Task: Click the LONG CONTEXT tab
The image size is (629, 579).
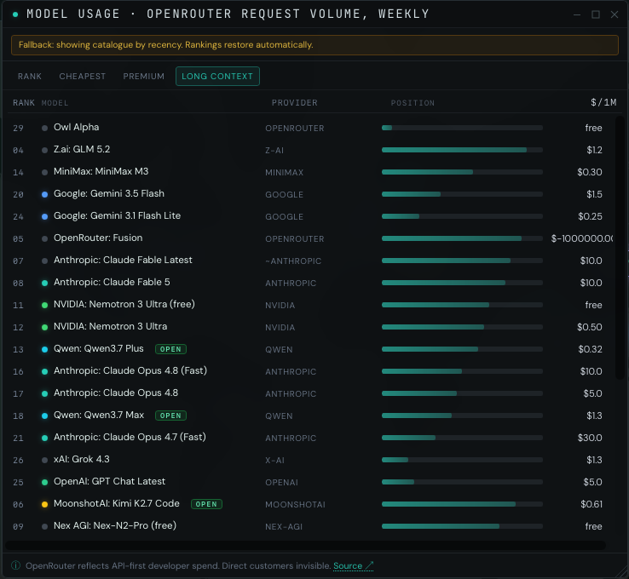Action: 217,76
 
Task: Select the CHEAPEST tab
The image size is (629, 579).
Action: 82,76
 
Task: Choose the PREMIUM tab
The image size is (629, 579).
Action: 143,76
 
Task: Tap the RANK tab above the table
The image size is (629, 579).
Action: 30,76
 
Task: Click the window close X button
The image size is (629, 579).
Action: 615,14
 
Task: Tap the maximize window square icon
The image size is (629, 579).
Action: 596,14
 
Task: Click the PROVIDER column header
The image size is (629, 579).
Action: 294,103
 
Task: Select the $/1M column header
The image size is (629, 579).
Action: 603,102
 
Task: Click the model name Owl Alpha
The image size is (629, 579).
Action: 76,127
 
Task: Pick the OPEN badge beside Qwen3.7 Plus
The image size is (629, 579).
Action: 171,349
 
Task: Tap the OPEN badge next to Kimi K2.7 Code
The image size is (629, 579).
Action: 206,504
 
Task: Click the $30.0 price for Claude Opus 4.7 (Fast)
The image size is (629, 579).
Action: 590,438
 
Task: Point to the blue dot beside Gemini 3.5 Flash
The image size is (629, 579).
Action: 45,194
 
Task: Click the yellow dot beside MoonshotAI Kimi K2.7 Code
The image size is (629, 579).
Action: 45,504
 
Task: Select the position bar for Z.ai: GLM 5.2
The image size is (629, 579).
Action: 462,150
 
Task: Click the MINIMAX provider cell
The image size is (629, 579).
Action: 284,172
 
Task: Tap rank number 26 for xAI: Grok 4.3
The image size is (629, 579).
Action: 18,460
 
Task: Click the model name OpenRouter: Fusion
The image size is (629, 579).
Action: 98,238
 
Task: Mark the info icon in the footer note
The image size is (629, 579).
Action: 15,565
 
